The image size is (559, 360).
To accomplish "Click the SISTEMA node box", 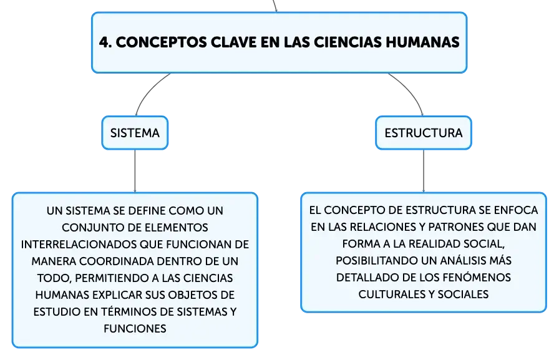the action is point(135,133).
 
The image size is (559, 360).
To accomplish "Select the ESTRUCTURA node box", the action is point(424,133).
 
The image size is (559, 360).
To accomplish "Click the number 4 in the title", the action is point(104,42).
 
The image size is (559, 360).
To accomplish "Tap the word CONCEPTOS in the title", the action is point(161,42).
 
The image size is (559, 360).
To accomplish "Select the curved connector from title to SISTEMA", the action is point(149,91).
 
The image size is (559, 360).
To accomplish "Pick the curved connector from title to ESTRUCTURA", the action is point(409,91).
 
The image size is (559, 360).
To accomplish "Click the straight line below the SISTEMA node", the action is point(135,171).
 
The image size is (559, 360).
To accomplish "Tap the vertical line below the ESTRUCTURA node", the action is point(424,171).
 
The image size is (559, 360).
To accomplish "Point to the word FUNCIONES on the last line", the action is point(135,329).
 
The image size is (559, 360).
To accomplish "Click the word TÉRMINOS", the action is point(129,311).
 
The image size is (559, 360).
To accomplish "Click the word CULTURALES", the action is point(392,294).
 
